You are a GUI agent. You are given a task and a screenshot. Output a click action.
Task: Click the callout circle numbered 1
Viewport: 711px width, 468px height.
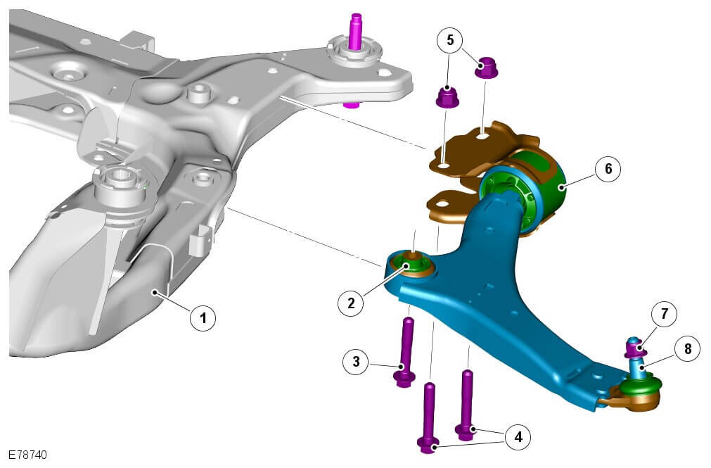pos(203,318)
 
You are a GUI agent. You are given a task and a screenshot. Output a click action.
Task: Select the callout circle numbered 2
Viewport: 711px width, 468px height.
pos(351,303)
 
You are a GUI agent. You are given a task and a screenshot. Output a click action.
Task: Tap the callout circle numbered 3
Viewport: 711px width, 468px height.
pos(356,361)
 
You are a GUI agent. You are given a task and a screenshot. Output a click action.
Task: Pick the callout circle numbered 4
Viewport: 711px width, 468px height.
pos(518,436)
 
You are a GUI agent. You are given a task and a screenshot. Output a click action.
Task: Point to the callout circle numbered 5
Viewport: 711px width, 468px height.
pos(450,40)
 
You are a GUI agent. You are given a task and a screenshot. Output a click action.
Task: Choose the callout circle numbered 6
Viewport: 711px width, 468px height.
pos(608,168)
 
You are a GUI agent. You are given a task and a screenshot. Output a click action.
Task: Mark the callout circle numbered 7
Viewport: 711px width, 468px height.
pos(665,314)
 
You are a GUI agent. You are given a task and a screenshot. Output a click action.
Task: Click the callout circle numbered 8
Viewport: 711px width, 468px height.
pos(688,348)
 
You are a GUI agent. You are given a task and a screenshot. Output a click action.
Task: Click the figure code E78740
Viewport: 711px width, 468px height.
pos(27,455)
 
